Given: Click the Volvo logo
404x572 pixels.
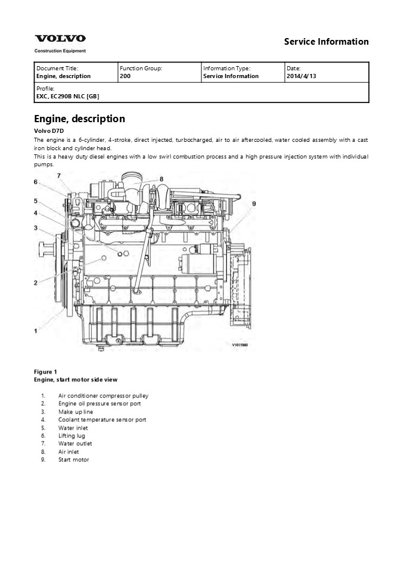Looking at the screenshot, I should point(60,39).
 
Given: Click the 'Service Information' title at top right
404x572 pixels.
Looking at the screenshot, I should point(326,42).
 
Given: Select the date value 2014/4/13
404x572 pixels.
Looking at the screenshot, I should point(302,76).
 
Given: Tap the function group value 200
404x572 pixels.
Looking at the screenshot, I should point(125,76).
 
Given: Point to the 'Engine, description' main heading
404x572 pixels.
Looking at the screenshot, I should point(79,119).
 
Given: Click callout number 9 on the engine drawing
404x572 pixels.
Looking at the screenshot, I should point(254,204).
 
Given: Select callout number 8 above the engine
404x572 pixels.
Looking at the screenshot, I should point(161,178).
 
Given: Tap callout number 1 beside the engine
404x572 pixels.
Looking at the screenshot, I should point(36,329).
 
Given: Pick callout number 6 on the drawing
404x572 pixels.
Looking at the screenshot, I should point(36,182).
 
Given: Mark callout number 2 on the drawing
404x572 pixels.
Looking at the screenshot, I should point(36,282).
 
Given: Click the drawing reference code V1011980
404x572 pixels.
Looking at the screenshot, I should point(243,344).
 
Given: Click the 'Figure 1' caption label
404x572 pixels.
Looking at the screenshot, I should point(46,372).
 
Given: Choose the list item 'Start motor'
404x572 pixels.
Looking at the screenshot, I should point(73,460).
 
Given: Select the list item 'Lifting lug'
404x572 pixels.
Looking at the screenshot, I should point(72,436).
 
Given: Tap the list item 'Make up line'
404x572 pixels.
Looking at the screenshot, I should point(75,412).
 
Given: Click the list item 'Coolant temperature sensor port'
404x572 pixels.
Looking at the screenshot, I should point(102,419).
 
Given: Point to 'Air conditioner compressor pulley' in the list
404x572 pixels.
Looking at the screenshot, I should point(103,396).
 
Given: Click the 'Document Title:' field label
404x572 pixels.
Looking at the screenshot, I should point(57,69).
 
